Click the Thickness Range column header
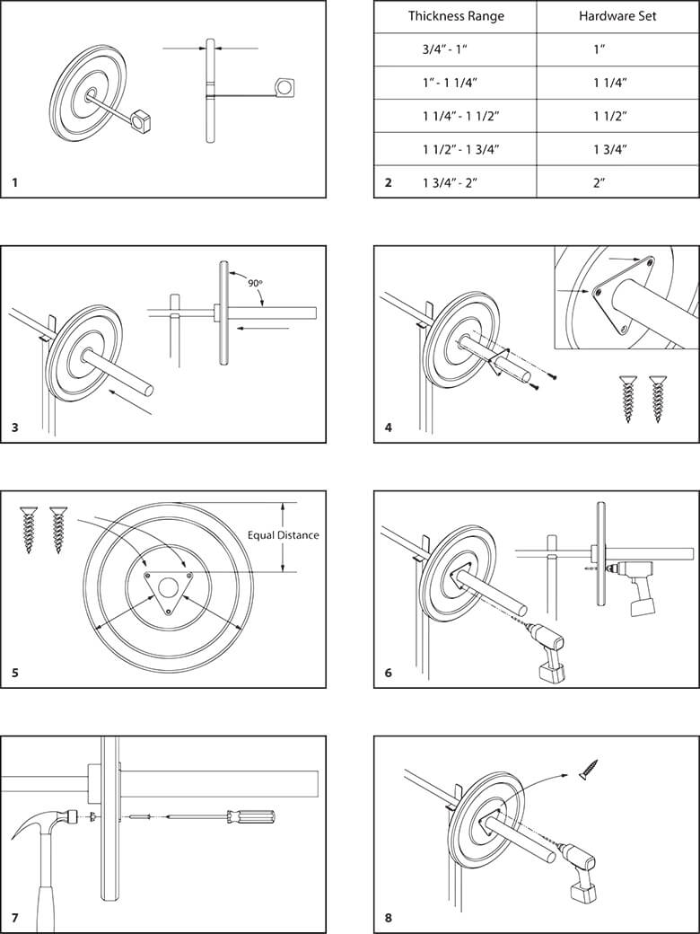click(456, 16)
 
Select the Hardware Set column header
click(617, 16)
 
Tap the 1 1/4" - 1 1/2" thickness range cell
click(460, 116)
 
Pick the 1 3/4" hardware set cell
click(609, 149)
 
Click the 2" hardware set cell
click(599, 182)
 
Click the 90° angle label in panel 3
click(255, 283)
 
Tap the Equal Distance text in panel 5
click(283, 535)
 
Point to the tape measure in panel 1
click(285, 86)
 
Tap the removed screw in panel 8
click(590, 769)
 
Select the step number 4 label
click(388, 427)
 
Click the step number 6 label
click(388, 673)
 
